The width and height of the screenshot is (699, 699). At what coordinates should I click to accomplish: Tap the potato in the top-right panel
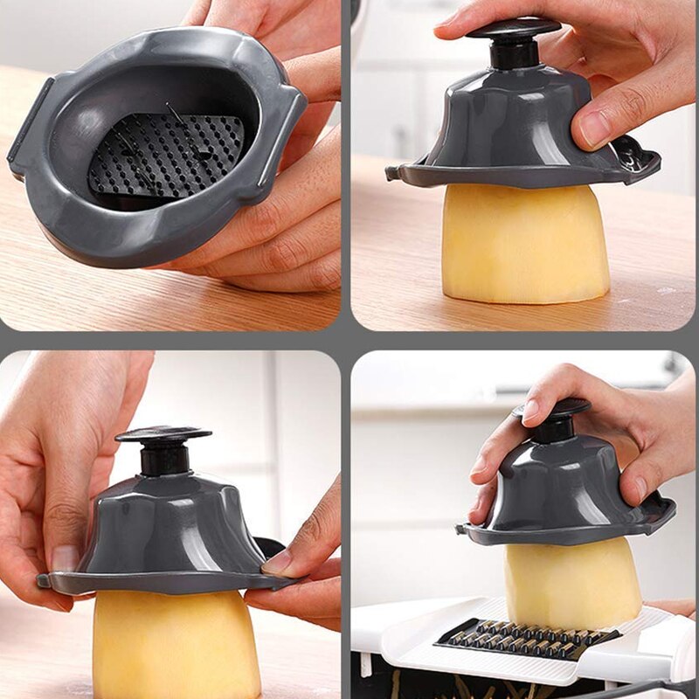[524, 245]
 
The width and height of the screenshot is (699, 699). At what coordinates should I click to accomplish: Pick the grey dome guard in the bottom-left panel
[166, 533]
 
